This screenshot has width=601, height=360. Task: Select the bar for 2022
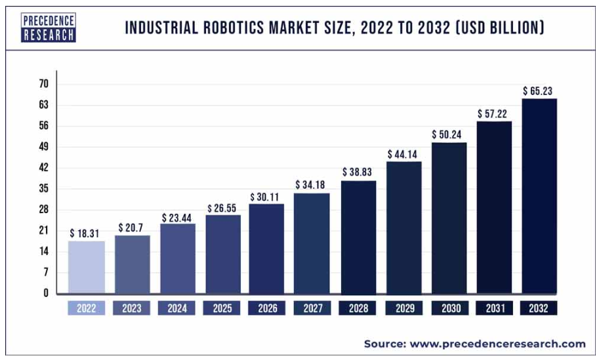[x=86, y=267]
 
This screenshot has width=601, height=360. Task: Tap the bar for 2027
[x=312, y=243]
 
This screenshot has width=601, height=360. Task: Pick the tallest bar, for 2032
[x=539, y=196]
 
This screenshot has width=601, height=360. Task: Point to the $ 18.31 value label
[x=86, y=233]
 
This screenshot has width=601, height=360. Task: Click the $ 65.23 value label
[x=539, y=90]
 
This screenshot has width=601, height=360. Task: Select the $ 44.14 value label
[x=404, y=153]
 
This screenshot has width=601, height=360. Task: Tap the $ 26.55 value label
[x=223, y=208]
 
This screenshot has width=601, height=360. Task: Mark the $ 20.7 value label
[x=131, y=228]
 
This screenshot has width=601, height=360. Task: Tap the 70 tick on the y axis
[x=44, y=84]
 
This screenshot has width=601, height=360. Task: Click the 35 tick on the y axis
[x=44, y=189]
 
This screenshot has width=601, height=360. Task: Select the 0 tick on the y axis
[x=46, y=293]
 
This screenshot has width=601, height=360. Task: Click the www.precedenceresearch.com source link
[x=498, y=344]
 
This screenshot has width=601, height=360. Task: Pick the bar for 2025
[x=222, y=254]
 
